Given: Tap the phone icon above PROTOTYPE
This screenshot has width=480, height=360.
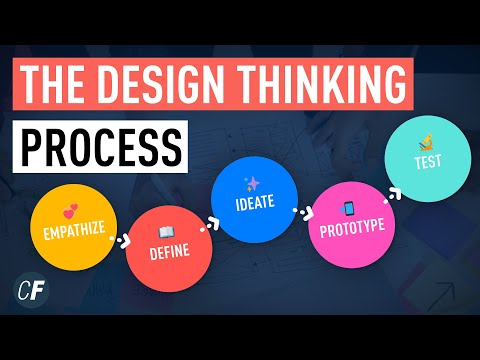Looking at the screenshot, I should point(349,208).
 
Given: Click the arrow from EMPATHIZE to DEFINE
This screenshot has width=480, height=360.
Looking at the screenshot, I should point(120,241).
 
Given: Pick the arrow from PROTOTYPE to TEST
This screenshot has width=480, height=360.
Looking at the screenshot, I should point(387,189).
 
